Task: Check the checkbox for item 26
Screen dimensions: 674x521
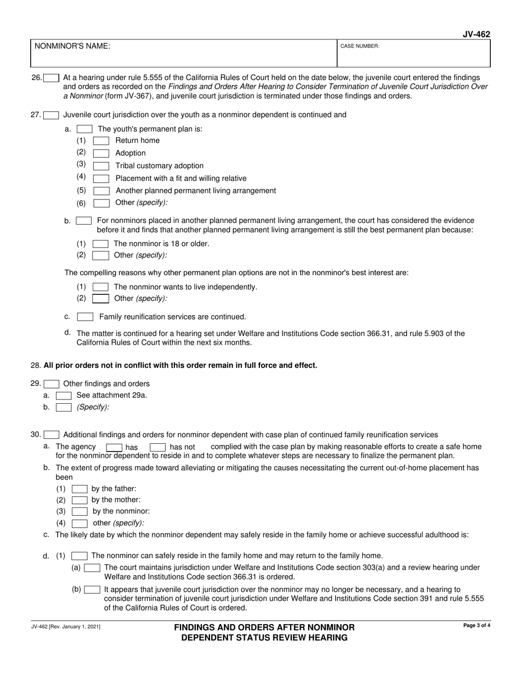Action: (52, 78)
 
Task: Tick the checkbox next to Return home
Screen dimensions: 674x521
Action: (101, 141)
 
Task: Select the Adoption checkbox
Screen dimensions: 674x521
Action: (101, 153)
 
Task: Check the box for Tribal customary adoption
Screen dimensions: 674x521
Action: (101, 166)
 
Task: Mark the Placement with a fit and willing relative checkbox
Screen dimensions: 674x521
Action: (101, 179)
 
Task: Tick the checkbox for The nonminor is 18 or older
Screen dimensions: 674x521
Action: (100, 244)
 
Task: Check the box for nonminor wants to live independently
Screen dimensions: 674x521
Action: (100, 287)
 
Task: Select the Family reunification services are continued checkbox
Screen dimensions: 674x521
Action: (85, 317)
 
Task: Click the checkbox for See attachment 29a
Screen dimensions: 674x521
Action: (64, 395)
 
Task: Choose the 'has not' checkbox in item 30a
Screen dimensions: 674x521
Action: (157, 447)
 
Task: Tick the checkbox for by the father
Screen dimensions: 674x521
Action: (80, 489)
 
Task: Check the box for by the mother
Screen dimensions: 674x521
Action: (80, 500)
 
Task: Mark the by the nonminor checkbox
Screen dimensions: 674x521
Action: (80, 512)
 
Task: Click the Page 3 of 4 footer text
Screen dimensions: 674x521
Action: (476, 625)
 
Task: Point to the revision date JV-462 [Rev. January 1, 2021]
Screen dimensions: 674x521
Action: (65, 626)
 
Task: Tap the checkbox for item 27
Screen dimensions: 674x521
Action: (52, 115)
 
